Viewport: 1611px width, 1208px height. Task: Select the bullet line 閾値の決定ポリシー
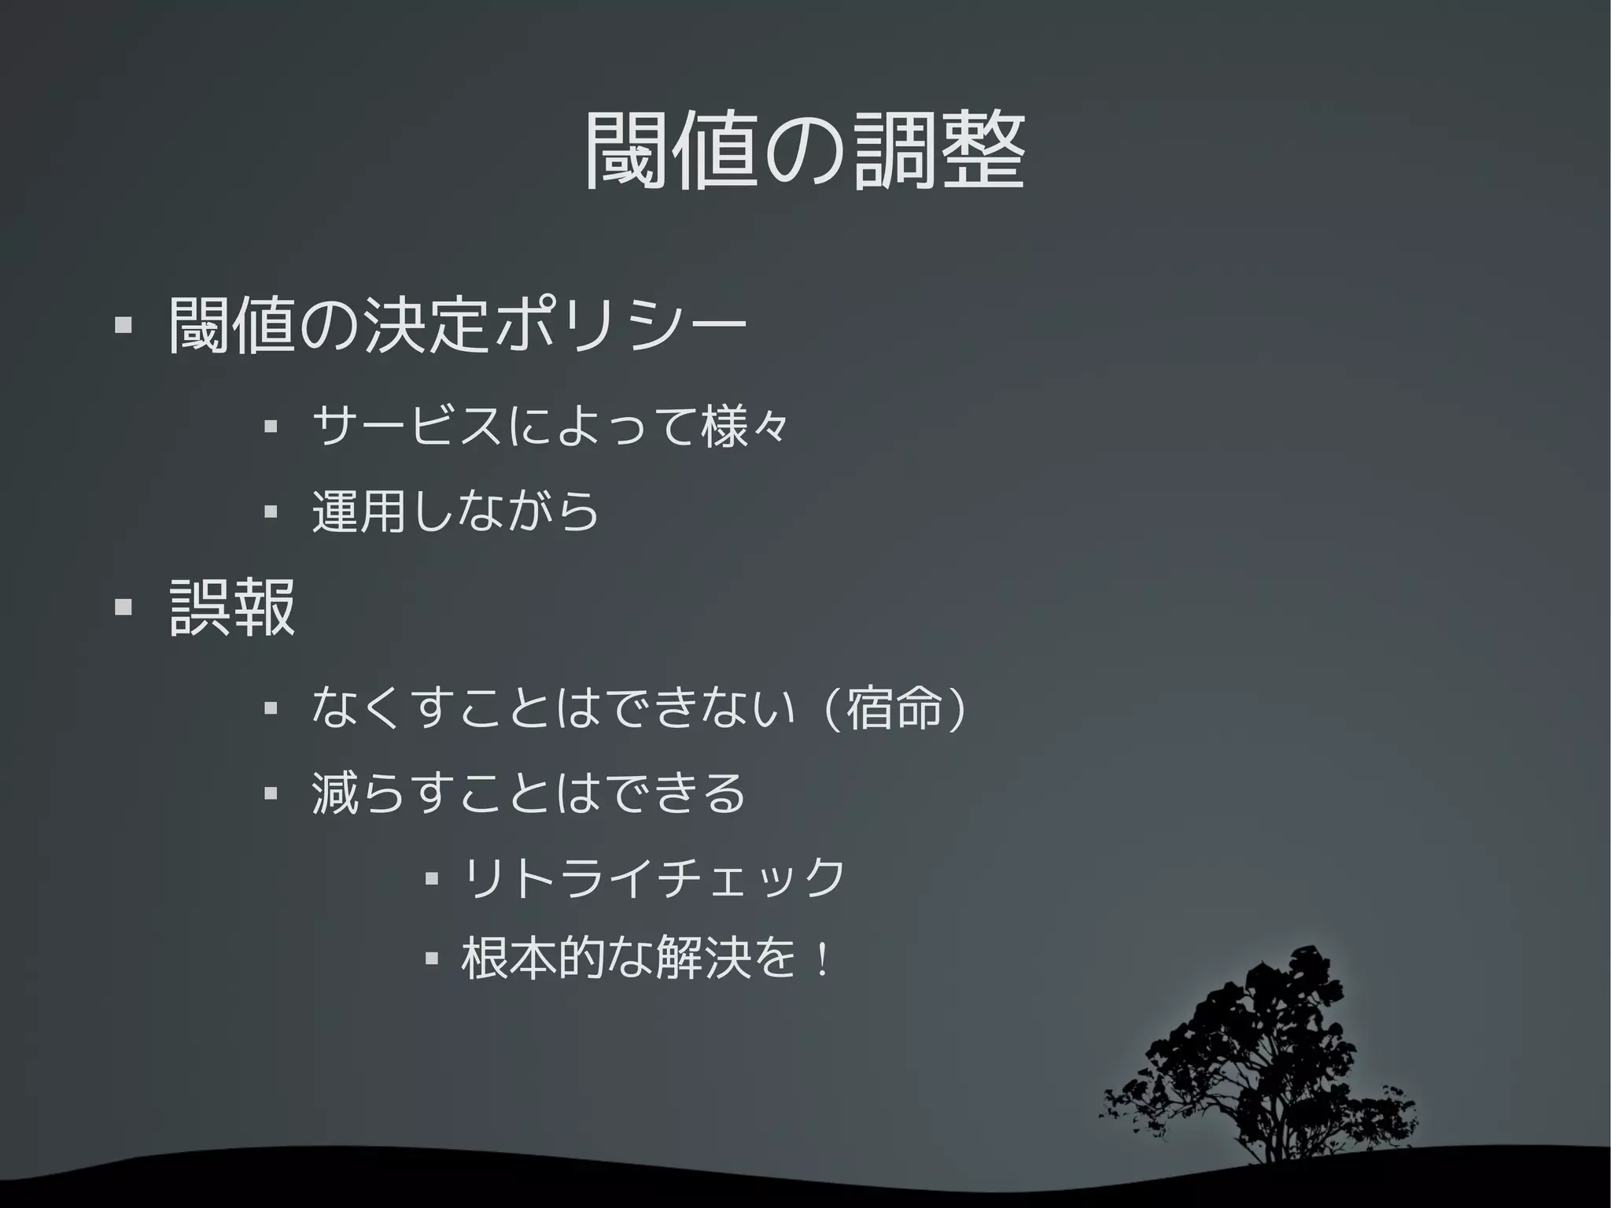point(456,325)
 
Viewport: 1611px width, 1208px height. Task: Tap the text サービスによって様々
point(549,427)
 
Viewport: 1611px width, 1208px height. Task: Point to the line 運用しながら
point(455,512)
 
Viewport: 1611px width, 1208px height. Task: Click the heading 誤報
point(232,607)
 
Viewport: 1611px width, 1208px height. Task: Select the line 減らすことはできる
point(529,792)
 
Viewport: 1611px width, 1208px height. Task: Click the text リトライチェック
point(653,877)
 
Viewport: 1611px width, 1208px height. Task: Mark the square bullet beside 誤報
point(123,608)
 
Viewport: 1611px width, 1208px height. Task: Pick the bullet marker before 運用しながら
point(271,512)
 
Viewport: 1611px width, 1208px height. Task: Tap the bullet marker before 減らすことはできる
point(271,793)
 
